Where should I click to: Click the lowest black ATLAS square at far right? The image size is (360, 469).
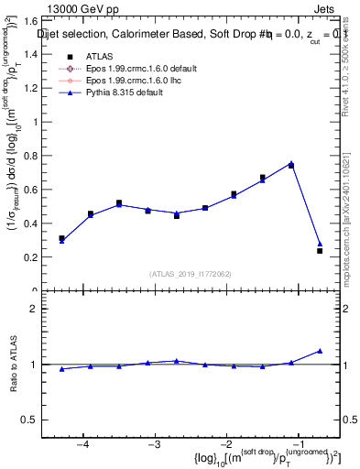point(320,250)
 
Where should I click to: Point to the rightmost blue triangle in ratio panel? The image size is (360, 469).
point(320,351)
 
